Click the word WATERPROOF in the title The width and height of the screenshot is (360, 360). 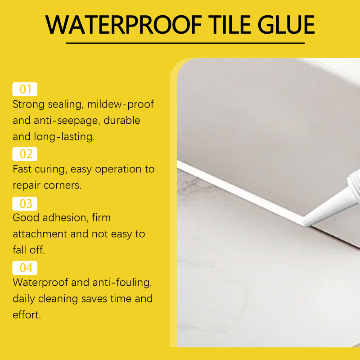[123, 25]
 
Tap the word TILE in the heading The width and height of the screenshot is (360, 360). [230, 25]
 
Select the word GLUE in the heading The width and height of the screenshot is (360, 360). [286, 25]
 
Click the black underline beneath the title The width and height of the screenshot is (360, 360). [185, 43]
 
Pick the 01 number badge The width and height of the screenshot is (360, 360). [25, 89]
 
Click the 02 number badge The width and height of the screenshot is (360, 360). [25, 154]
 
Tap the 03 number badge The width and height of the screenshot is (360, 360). [25, 204]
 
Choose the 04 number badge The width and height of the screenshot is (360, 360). [25, 268]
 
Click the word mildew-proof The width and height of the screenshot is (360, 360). [120, 104]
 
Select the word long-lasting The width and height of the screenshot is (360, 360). [64, 137]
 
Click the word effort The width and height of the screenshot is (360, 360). [27, 315]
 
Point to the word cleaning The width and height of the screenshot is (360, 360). [58, 299]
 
